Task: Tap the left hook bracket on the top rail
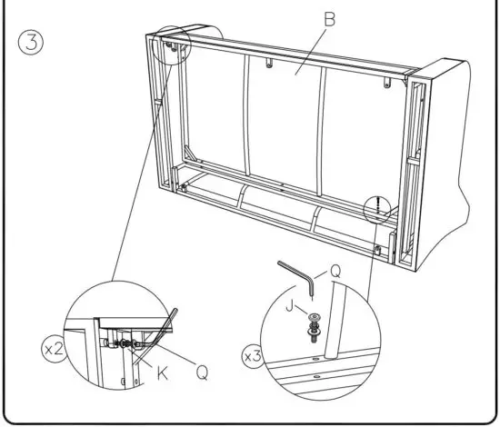click(x=270, y=64)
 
